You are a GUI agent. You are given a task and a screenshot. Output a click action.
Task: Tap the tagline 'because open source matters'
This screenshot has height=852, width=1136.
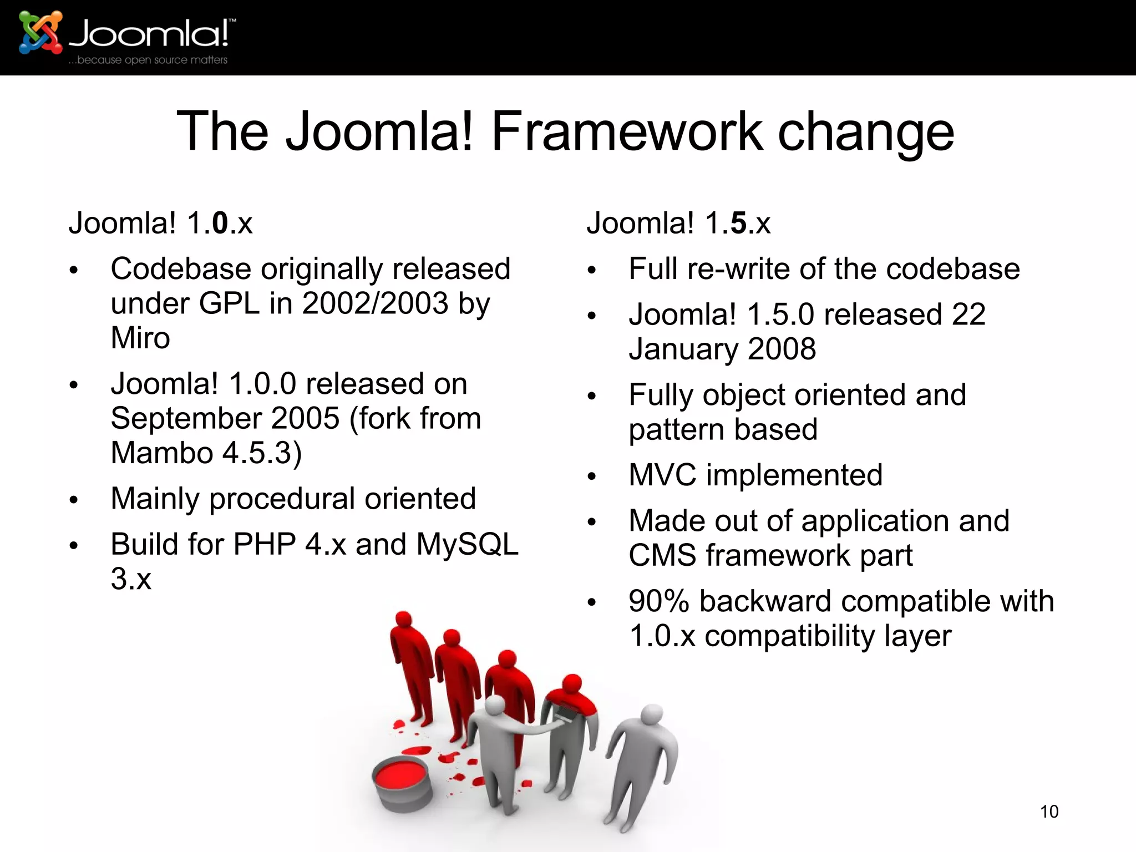[x=152, y=60]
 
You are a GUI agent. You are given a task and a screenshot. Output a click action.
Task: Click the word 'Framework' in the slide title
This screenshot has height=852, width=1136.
[x=627, y=131]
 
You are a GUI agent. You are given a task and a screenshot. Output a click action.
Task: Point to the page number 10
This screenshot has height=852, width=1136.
[x=1049, y=812]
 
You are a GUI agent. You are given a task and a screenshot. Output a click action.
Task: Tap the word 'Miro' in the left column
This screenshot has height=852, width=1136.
[x=140, y=338]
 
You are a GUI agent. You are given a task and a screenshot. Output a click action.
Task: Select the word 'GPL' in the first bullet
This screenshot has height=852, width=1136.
[x=229, y=303]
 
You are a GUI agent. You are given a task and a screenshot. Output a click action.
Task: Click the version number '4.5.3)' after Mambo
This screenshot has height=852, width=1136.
[x=262, y=453]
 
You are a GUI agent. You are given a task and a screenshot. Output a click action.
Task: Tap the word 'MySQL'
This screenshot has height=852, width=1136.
[x=467, y=544]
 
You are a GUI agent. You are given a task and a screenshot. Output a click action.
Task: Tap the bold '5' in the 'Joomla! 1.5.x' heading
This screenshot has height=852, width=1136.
[x=738, y=223]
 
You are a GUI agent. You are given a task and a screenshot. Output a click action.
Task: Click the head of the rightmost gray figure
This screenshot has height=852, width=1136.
[x=652, y=714]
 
